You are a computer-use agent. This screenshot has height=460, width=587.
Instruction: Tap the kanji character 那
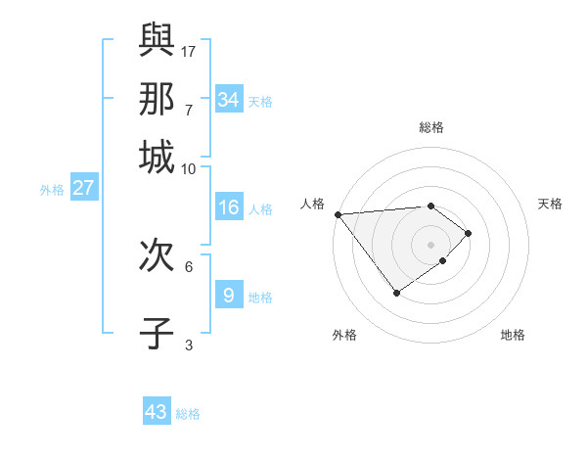(x=157, y=98)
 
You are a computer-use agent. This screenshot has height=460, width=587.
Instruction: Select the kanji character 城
(x=157, y=157)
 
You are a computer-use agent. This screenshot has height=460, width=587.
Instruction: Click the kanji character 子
(x=157, y=333)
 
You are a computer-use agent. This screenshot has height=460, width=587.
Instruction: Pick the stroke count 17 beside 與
(x=189, y=50)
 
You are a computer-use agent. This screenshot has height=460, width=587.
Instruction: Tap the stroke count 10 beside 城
(x=189, y=168)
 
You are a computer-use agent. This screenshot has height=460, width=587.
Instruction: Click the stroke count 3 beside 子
(x=189, y=345)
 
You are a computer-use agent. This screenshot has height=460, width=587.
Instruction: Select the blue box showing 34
(x=229, y=100)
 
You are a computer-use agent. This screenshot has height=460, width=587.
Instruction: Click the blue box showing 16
(x=229, y=207)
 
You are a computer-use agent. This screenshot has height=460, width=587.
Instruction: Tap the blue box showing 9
(x=229, y=295)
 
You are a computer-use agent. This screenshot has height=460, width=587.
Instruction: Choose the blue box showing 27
(x=83, y=188)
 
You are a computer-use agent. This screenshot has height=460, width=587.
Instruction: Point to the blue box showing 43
(x=157, y=412)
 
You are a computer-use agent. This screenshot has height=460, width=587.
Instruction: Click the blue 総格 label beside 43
(x=188, y=414)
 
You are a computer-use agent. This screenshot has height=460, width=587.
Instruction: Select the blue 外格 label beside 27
(x=52, y=190)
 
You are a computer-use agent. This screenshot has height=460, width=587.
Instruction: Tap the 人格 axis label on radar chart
(x=314, y=204)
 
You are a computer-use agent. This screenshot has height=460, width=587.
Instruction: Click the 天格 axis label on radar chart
(x=550, y=204)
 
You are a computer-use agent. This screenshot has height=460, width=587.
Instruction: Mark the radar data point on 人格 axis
(x=338, y=214)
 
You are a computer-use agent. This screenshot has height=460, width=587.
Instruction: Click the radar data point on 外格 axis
(x=396, y=293)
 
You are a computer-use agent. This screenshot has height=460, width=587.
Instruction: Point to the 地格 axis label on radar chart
(x=513, y=335)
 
